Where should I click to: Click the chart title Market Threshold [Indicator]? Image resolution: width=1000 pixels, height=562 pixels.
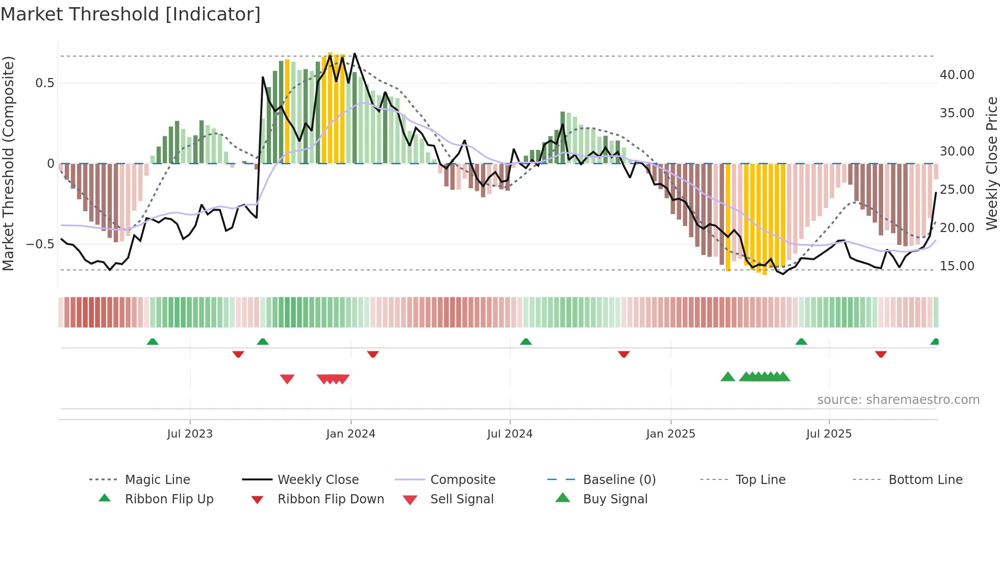pyautogui.click(x=131, y=14)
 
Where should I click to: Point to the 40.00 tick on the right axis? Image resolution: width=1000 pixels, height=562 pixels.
pyautogui.click(x=957, y=75)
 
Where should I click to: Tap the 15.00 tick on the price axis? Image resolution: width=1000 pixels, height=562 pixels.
pyautogui.click(x=957, y=266)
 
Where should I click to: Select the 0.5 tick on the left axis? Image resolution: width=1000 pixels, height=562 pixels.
pyautogui.click(x=44, y=83)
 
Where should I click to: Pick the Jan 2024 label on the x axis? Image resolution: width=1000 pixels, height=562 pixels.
pyautogui.click(x=351, y=434)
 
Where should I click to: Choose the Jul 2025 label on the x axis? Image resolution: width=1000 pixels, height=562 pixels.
pyautogui.click(x=829, y=434)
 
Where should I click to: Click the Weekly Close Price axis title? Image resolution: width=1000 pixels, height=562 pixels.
pyautogui.click(x=991, y=163)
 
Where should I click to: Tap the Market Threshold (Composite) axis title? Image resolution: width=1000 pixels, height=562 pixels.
pyautogui.click(x=8, y=163)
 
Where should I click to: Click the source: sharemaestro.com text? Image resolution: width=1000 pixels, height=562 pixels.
pyautogui.click(x=898, y=400)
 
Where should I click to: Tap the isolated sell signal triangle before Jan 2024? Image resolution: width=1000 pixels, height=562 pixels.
pyautogui.click(x=287, y=379)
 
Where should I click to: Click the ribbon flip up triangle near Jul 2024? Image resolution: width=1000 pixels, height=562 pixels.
pyautogui.click(x=526, y=342)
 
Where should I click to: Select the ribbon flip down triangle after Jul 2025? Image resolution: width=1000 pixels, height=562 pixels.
pyautogui.click(x=881, y=354)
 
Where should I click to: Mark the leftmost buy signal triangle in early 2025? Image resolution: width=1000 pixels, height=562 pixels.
pyautogui.click(x=728, y=377)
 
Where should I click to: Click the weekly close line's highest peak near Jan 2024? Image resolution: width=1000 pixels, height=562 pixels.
pyautogui.click(x=355, y=54)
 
